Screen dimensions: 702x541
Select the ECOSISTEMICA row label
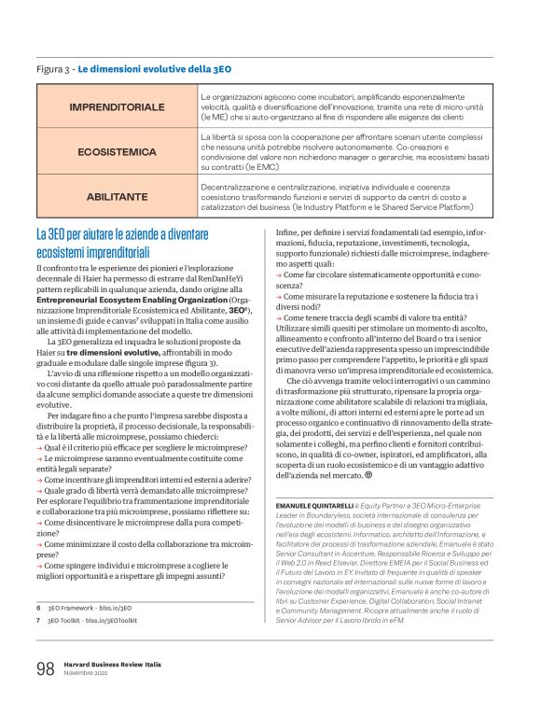[118, 150]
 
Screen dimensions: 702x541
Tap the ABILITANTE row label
[118, 197]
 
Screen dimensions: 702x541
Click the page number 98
[45, 667]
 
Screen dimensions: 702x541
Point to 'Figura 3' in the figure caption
[54, 69]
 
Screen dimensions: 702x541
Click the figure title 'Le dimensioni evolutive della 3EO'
[153, 69]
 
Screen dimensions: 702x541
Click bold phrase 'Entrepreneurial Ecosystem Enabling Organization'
[131, 300]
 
